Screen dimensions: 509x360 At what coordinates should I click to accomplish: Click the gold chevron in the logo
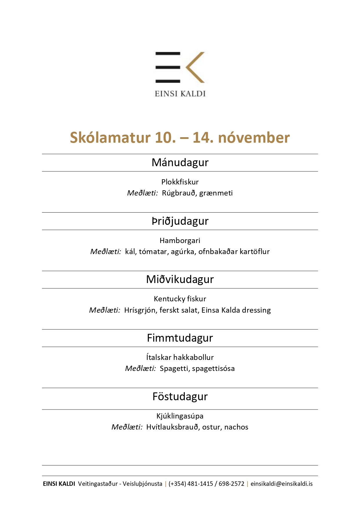point(194,67)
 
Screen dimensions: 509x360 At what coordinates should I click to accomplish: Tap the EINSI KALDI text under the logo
point(180,94)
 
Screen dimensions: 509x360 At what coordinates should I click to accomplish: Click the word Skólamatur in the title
point(110,137)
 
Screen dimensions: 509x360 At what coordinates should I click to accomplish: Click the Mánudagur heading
point(180,162)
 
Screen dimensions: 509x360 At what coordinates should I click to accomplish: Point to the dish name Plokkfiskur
point(180,182)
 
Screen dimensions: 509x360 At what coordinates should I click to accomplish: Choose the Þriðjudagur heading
point(180,221)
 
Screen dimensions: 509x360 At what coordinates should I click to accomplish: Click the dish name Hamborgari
point(180,240)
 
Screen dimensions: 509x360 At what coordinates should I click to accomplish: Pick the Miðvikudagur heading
point(180,279)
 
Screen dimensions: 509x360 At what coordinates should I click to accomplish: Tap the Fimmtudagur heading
point(180,338)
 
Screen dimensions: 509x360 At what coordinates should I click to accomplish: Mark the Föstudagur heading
point(180,396)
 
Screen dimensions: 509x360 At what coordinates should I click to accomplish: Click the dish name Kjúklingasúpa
point(180,416)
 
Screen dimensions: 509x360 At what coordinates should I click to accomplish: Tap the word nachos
point(236,427)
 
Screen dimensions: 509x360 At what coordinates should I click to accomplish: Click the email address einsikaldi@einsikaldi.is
point(281,484)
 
